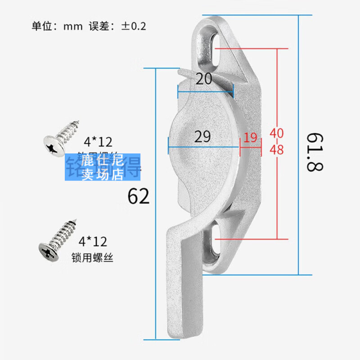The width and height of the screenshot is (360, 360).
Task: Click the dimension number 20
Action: point(204,79)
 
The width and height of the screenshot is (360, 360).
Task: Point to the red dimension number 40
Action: point(277,134)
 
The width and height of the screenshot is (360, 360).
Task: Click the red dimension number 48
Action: point(277,150)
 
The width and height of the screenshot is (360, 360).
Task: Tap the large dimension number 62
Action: point(139,197)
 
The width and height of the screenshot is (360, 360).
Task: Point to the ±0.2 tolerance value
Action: point(133,26)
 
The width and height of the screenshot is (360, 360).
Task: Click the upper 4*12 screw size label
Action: point(99,142)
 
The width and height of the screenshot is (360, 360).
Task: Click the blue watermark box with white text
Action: point(103,167)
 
